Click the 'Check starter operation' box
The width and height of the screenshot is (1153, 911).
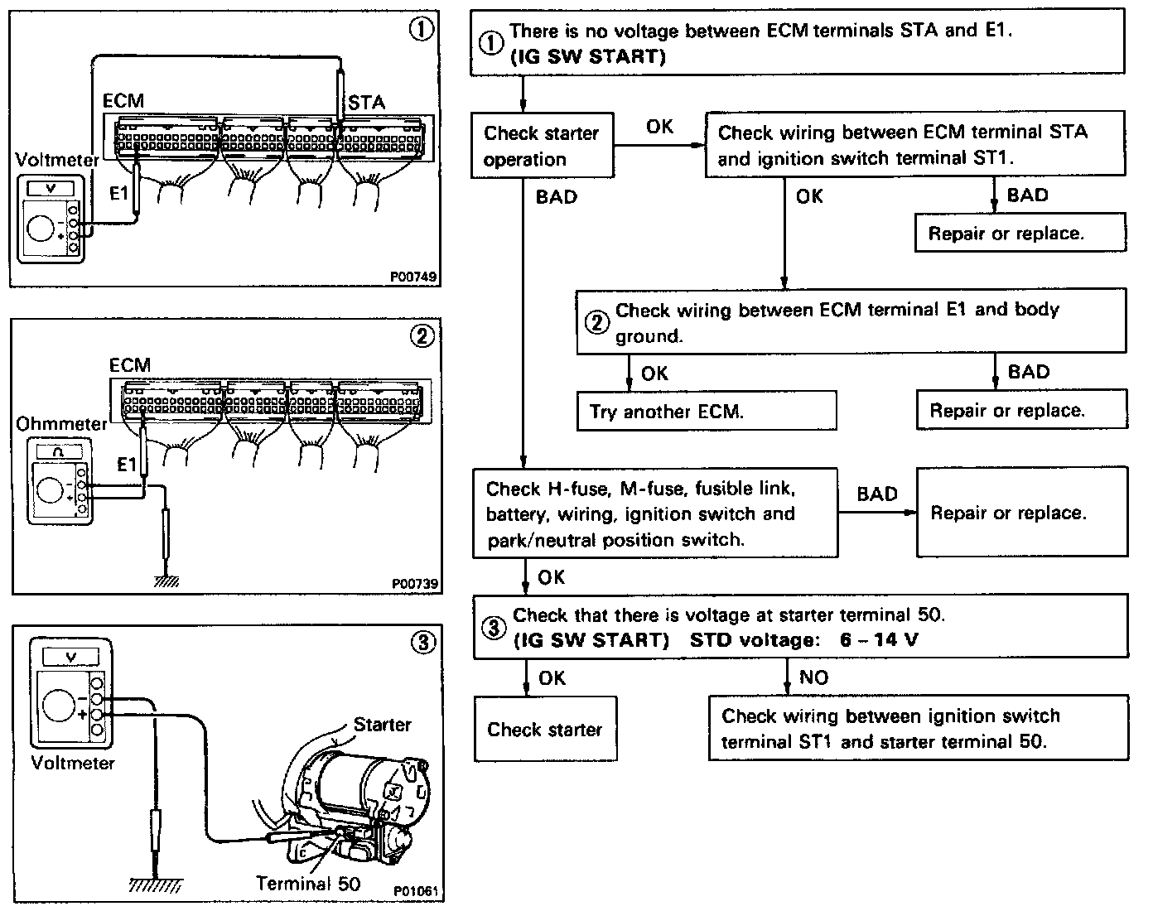[x=543, y=146]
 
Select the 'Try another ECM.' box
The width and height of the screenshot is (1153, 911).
[x=706, y=411]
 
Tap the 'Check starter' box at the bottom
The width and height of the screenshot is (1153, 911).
[x=545, y=729]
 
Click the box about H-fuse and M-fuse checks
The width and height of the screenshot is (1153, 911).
[x=654, y=513]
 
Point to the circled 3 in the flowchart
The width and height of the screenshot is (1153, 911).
[x=493, y=628]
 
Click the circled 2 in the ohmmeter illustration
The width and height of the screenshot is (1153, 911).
[x=422, y=335]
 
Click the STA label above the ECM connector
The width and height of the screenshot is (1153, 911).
[x=366, y=103]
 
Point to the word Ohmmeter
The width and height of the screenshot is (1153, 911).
[x=62, y=424]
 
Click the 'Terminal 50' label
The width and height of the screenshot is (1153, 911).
[x=308, y=883]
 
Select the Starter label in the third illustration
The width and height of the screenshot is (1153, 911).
[x=382, y=725]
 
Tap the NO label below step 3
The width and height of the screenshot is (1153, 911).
[x=813, y=677]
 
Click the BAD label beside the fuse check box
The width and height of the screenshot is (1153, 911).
[x=877, y=494]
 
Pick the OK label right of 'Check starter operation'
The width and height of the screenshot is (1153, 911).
[x=659, y=128]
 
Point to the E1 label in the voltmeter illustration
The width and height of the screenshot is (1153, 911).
[x=120, y=193]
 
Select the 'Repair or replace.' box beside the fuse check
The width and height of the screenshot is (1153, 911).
[x=1021, y=513]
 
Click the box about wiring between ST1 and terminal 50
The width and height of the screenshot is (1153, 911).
[x=918, y=729]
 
